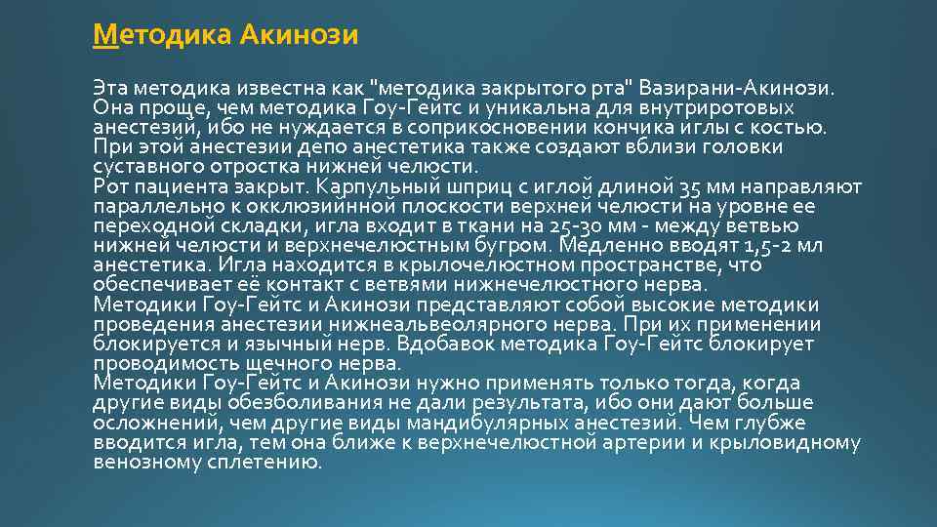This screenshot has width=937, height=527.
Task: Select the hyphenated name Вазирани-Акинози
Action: tap(737, 89)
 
